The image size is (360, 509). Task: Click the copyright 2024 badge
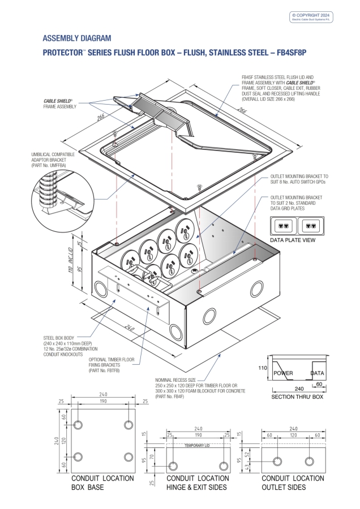click(311, 17)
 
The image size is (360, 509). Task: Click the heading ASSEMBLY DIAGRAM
click(77, 38)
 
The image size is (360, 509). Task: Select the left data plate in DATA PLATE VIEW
click(284, 226)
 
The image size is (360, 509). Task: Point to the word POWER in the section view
click(283, 374)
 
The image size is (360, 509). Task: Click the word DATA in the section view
click(317, 374)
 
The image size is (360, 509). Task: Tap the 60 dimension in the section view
click(320, 385)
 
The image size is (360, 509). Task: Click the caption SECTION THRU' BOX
click(297, 398)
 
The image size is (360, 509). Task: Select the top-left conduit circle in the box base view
click(79, 424)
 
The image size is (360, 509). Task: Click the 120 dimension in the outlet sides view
click(293, 436)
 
